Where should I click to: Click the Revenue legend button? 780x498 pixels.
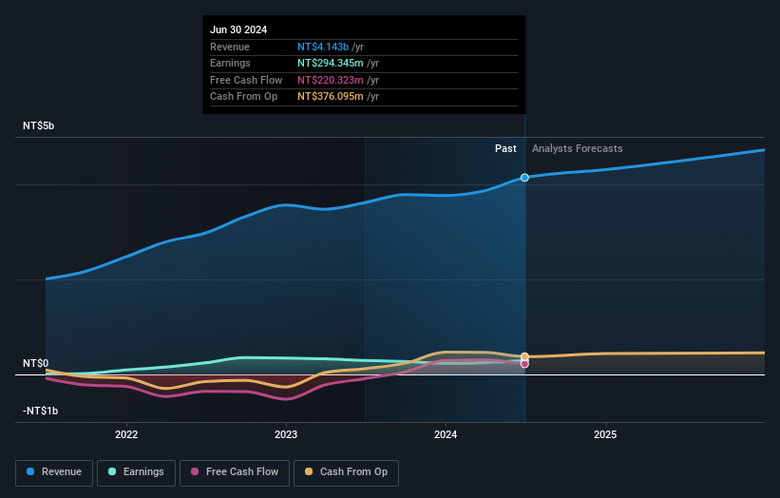click(x=54, y=472)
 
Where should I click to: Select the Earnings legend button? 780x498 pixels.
click(x=136, y=472)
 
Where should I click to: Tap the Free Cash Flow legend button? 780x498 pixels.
click(x=234, y=472)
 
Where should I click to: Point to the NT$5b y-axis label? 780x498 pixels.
click(x=39, y=125)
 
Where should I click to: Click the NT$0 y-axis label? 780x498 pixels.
click(x=36, y=363)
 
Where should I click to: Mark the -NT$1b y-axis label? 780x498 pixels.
click(x=40, y=411)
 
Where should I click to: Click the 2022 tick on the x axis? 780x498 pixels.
click(x=126, y=434)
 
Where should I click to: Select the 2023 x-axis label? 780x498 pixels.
click(x=286, y=434)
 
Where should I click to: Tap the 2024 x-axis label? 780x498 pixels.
click(x=446, y=434)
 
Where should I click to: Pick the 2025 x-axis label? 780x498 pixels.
click(x=605, y=434)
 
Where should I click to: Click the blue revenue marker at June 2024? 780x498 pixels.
click(x=524, y=178)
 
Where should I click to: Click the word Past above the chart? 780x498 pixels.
click(x=505, y=148)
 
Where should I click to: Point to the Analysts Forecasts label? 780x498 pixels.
click(x=578, y=148)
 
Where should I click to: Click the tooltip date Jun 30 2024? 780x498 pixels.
click(x=238, y=29)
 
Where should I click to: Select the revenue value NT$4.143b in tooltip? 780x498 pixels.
click(x=323, y=47)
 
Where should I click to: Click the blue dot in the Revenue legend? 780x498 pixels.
click(x=30, y=472)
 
